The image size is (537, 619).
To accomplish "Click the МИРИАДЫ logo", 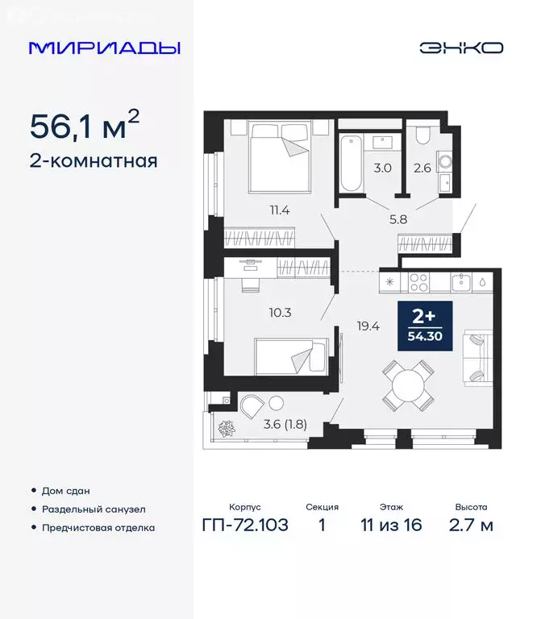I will tap(105, 48).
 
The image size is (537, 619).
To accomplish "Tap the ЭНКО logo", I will tap(461, 48).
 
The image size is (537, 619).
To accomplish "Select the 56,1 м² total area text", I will tap(85, 126).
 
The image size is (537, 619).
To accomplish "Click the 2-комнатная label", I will tap(93, 160).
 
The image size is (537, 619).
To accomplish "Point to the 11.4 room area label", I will tap(280, 211).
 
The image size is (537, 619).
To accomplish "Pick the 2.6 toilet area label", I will tap(423, 169).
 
